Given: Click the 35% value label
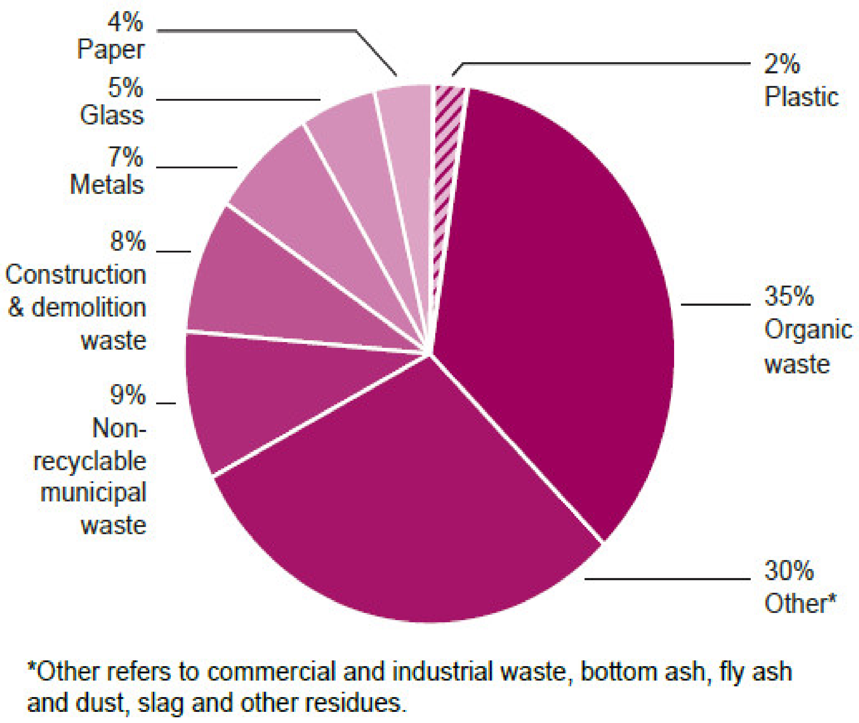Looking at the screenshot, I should (x=788, y=296).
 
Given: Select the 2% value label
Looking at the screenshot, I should (x=782, y=64).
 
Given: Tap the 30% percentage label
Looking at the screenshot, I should (x=788, y=570).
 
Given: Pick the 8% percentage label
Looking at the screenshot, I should (x=127, y=241).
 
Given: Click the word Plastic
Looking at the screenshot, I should (x=801, y=97).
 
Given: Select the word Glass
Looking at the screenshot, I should (x=112, y=115).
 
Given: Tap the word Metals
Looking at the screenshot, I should (x=107, y=185).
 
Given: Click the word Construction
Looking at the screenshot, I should (x=76, y=274).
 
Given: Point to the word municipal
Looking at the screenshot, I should (x=93, y=493).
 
